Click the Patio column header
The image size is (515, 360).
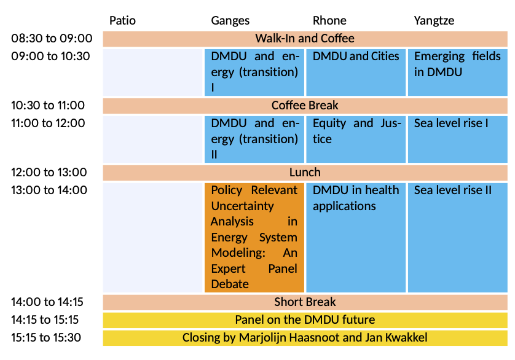pyautogui.click(x=122, y=20)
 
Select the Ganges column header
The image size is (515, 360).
pyautogui.click(x=230, y=21)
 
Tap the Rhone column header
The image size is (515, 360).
pyautogui.click(x=329, y=20)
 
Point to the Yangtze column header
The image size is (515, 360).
pyautogui.click(x=434, y=21)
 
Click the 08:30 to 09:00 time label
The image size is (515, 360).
pyautogui.click(x=52, y=39)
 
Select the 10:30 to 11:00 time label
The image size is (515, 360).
pyautogui.click(x=47, y=106)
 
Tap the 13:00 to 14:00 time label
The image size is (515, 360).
pyautogui.click(x=49, y=190)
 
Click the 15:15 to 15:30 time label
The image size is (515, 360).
pyautogui.click(x=45, y=338)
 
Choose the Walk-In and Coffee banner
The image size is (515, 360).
pyautogui.click(x=305, y=39)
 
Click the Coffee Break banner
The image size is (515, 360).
pyautogui.click(x=305, y=106)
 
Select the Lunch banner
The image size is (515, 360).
pyautogui.click(x=305, y=173)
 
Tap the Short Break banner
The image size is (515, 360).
pyautogui.click(x=305, y=302)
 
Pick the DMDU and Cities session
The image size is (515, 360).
pyautogui.click(x=356, y=72)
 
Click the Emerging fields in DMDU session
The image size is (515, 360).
pyautogui.click(x=457, y=72)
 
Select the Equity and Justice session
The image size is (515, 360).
pyautogui.click(x=356, y=139)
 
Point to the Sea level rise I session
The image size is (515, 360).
pyautogui.click(x=457, y=139)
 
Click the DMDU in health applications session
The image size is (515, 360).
pyautogui.click(x=356, y=238)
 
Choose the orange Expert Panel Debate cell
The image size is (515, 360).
pyautogui.click(x=254, y=238)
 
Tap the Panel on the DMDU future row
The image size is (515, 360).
pyautogui.click(x=305, y=320)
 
